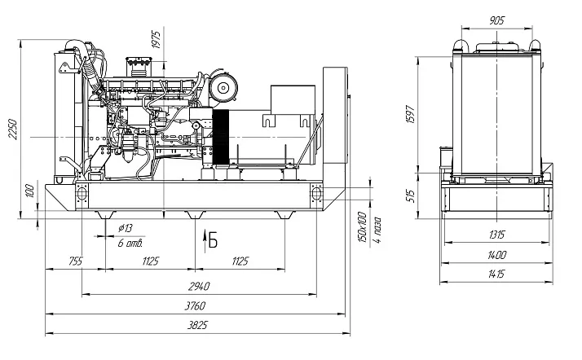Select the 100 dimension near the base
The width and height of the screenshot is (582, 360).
pos(30,191)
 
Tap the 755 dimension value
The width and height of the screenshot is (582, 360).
pos(75,261)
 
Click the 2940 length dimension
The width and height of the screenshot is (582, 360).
pos(198,286)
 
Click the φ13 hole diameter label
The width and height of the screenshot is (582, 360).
pos(126,227)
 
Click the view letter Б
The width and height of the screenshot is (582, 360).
pos(213,239)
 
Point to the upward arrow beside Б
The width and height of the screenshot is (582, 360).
pos(203,238)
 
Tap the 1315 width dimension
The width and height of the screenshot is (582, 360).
pos(496,235)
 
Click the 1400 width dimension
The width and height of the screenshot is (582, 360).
pos(496,255)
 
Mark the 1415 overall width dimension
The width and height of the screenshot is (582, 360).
pos(496,274)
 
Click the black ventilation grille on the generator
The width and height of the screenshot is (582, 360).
pos(218,134)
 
